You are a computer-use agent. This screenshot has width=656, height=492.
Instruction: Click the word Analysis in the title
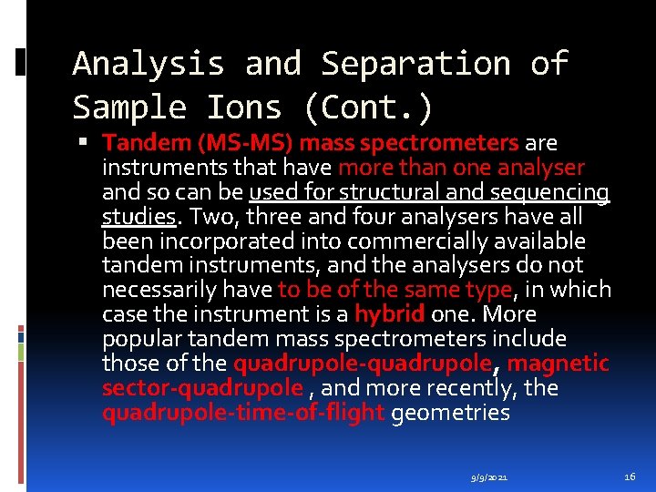[149, 64]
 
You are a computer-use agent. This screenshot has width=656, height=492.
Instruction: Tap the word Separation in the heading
[416, 64]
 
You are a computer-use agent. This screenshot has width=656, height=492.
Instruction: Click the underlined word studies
[138, 217]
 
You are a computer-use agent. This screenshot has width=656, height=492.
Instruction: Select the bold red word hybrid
[389, 314]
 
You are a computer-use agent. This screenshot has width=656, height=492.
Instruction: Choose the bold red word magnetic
[558, 364]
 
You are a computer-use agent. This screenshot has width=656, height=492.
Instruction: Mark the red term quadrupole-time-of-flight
[243, 413]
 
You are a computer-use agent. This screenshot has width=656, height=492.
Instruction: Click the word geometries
[450, 413]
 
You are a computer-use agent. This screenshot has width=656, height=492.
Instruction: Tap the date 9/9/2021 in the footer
[490, 477]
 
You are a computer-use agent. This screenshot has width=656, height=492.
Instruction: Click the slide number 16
[630, 476]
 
